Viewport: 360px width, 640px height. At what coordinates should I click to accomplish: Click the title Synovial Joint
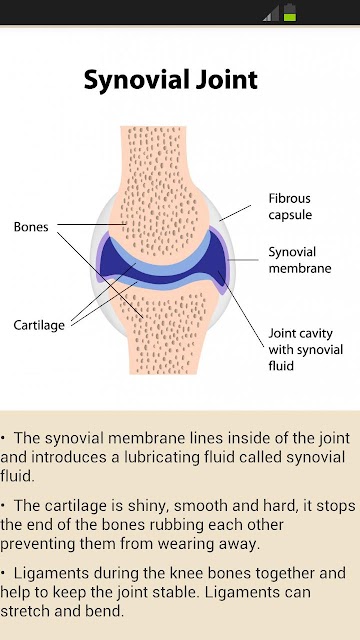coord(171,80)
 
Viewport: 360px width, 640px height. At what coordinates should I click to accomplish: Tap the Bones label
coord(31,227)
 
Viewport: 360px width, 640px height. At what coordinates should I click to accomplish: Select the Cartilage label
coord(39,325)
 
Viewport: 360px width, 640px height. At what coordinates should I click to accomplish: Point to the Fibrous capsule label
coord(290,207)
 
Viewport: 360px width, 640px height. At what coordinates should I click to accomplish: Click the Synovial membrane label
coord(300,260)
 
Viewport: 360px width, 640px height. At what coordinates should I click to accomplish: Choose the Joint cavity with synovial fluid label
coord(305,349)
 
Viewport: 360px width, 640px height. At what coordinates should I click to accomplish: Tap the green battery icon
coord(290,12)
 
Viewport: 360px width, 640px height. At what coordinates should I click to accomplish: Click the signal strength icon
coord(271,13)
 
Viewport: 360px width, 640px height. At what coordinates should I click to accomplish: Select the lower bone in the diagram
coord(163,327)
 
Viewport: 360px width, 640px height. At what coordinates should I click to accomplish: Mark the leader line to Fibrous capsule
coord(235,213)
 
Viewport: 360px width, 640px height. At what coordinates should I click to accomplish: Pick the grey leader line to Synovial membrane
coord(243,260)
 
